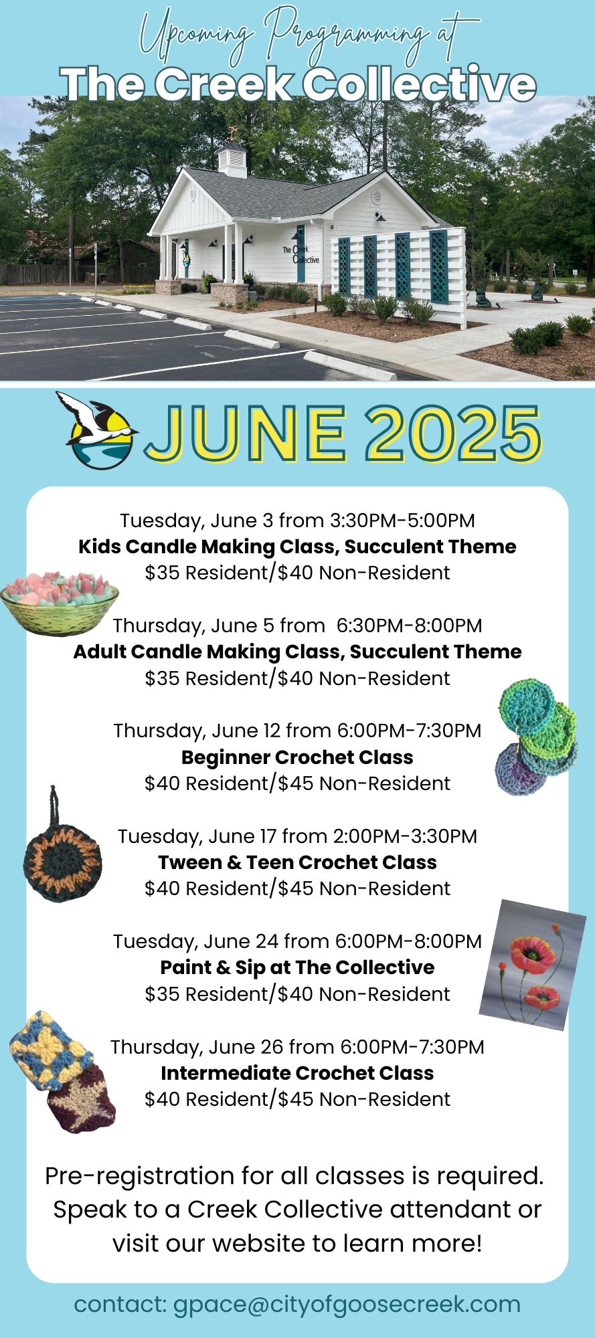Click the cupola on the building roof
click(232, 155)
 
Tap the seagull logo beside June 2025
click(99, 431)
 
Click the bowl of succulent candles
click(60, 603)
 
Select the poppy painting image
click(533, 965)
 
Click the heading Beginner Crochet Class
click(297, 757)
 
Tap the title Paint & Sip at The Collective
click(297, 967)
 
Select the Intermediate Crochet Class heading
click(297, 1073)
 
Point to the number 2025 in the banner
click(454, 433)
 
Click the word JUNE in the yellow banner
click(246, 433)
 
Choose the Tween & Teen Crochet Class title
click(297, 862)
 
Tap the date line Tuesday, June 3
click(297, 520)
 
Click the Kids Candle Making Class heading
click(297, 547)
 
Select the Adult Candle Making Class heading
click(297, 652)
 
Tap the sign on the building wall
click(301, 254)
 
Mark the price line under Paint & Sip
click(297, 994)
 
